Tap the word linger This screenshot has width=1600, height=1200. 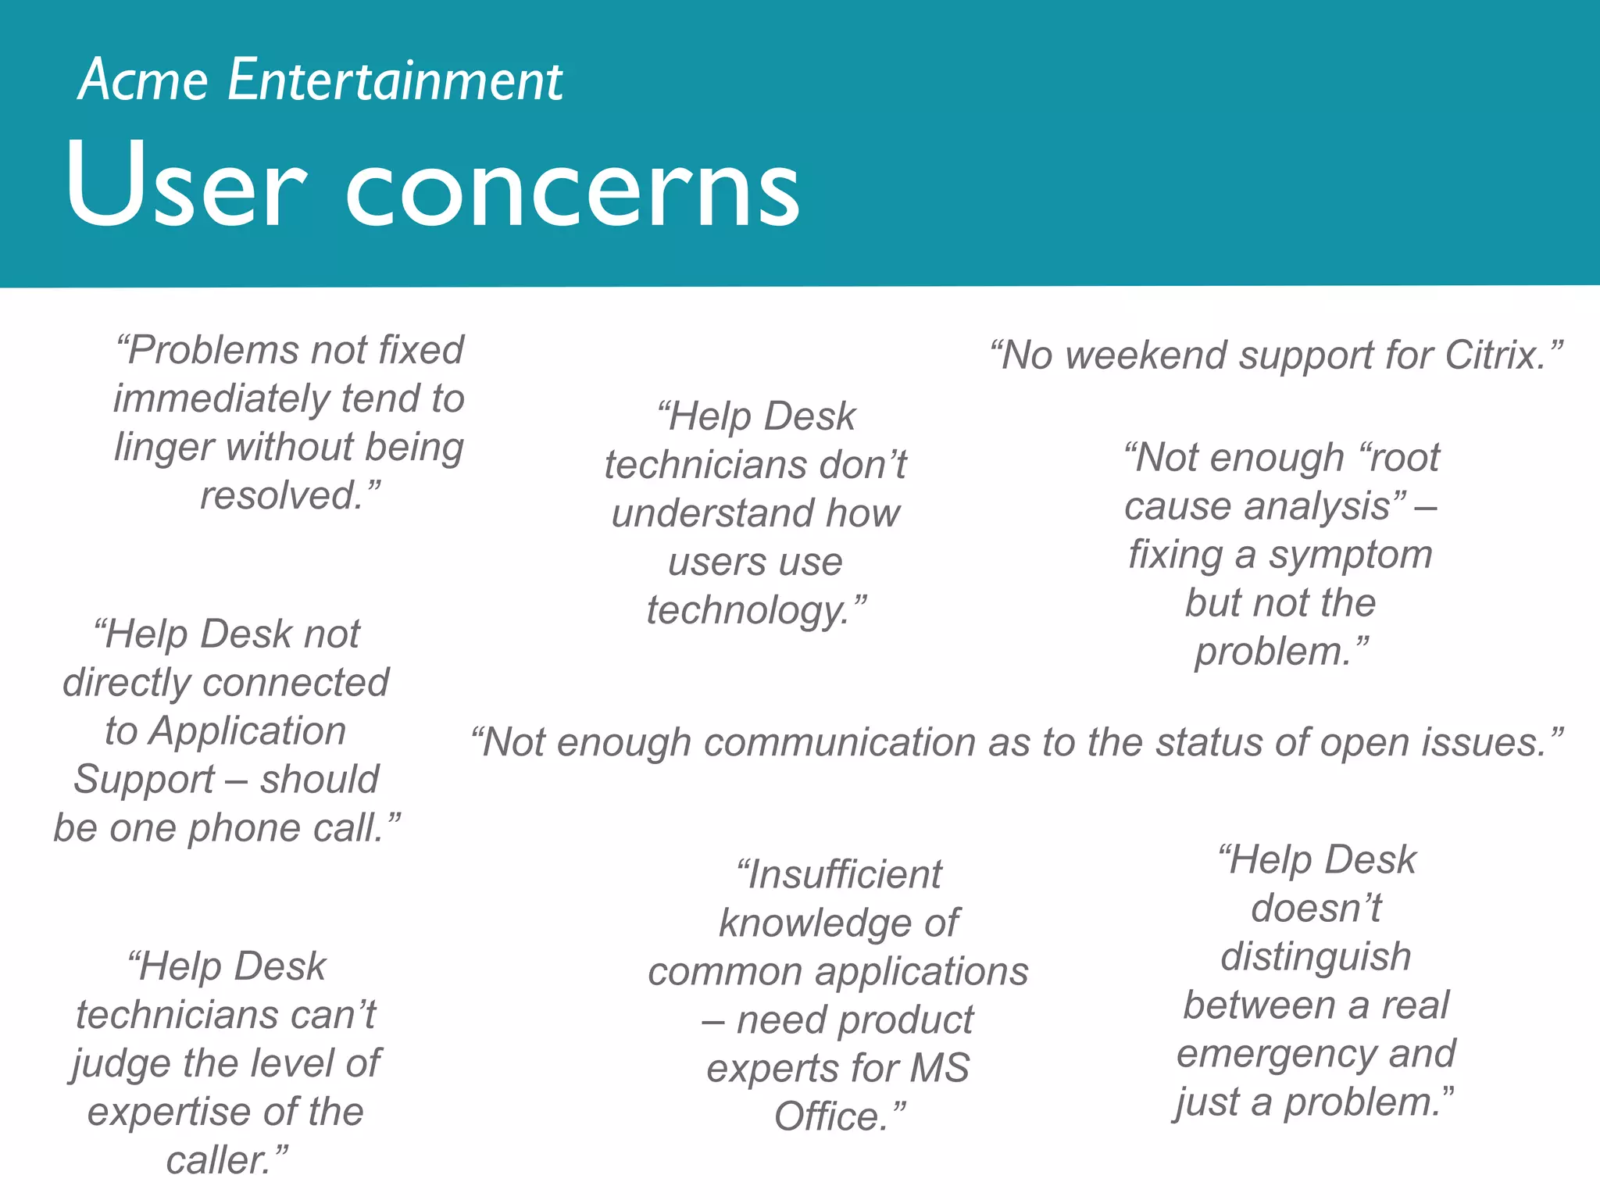163,448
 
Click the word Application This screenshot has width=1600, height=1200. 248,731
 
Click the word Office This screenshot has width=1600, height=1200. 830,1117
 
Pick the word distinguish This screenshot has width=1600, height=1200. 1316,957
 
